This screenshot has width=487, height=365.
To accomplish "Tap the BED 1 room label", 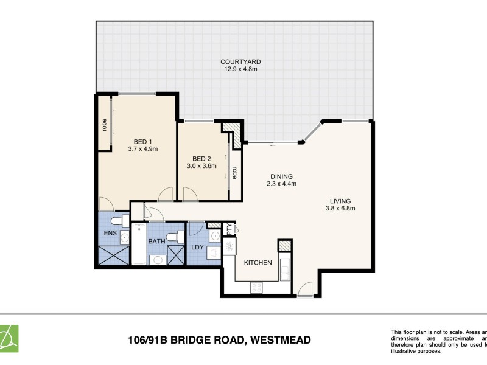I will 143,140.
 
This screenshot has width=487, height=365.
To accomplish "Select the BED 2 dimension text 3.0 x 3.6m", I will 201,166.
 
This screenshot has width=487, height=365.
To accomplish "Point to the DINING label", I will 282,177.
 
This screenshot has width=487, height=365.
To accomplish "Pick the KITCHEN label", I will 258,263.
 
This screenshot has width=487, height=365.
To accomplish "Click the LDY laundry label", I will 197,247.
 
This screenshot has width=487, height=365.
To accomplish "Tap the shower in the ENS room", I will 112,255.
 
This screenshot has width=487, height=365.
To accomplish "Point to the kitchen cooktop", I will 256,287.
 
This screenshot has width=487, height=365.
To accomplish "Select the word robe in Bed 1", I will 105,125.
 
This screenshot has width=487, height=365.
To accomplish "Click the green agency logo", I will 9,339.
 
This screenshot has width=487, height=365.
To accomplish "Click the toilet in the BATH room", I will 173,237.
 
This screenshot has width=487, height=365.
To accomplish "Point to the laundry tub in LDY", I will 214,252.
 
